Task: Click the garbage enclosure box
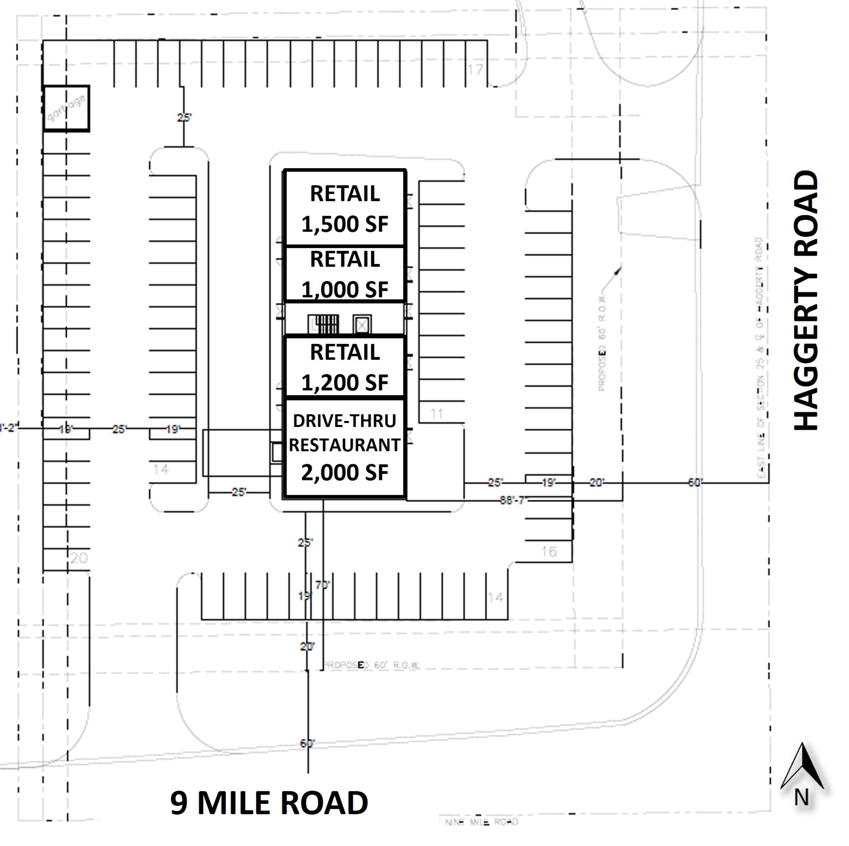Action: pyautogui.click(x=66, y=108)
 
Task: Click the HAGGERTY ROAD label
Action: pyautogui.click(x=807, y=300)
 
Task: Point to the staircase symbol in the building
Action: pyautogui.click(x=323, y=325)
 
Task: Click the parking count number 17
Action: pyautogui.click(x=475, y=69)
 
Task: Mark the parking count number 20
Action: pyautogui.click(x=79, y=558)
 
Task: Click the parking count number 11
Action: pyautogui.click(x=436, y=413)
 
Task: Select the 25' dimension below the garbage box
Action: pyautogui.click(x=185, y=117)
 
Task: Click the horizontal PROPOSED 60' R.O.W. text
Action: pyautogui.click(x=372, y=665)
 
